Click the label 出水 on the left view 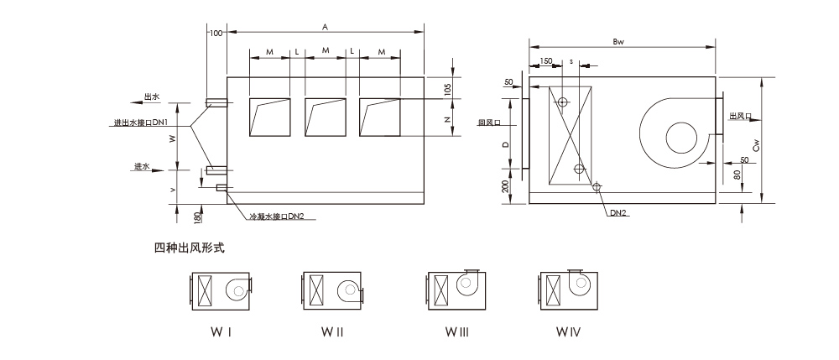click(152, 97)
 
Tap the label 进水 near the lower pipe click(142, 166)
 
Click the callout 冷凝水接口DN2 click(276, 217)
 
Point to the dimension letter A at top click(325, 27)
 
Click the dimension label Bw click(619, 40)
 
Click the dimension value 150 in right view click(546, 61)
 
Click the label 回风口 click(488, 123)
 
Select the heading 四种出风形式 click(190, 248)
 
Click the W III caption click(456, 332)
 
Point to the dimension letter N click(448, 119)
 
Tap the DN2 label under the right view click(619, 213)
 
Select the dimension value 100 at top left click(216, 33)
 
